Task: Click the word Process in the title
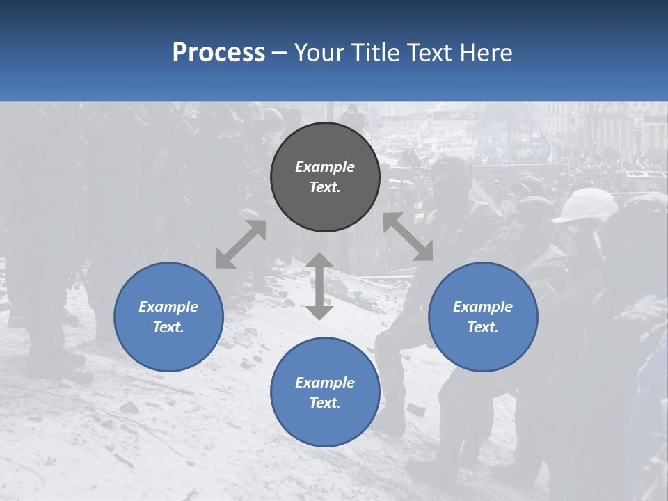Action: [218, 53]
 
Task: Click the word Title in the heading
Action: [377, 53]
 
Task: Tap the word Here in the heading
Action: [485, 53]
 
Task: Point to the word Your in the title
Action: [321, 53]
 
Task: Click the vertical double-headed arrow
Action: [319, 286]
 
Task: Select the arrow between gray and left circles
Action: [241, 244]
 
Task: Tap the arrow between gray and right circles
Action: [408, 237]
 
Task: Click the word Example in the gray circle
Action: [325, 167]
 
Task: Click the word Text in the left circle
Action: [168, 327]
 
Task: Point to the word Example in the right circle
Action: [483, 307]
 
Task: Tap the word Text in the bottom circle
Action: [325, 403]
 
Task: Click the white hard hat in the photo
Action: [586, 206]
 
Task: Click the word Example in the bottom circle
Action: [325, 383]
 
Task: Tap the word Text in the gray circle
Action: [325, 187]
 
